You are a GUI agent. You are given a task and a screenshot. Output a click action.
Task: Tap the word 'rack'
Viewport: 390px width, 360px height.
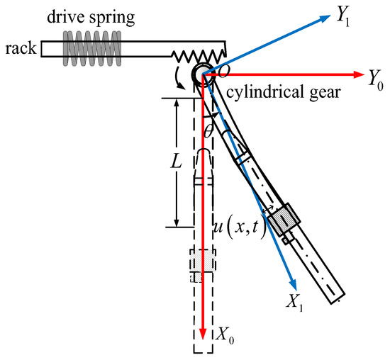click(x=19, y=48)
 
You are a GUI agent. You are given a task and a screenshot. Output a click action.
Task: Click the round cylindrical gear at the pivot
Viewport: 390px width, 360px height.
click(x=203, y=74)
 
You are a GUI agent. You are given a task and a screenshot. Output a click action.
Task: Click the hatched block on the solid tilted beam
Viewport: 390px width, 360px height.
click(x=286, y=219)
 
